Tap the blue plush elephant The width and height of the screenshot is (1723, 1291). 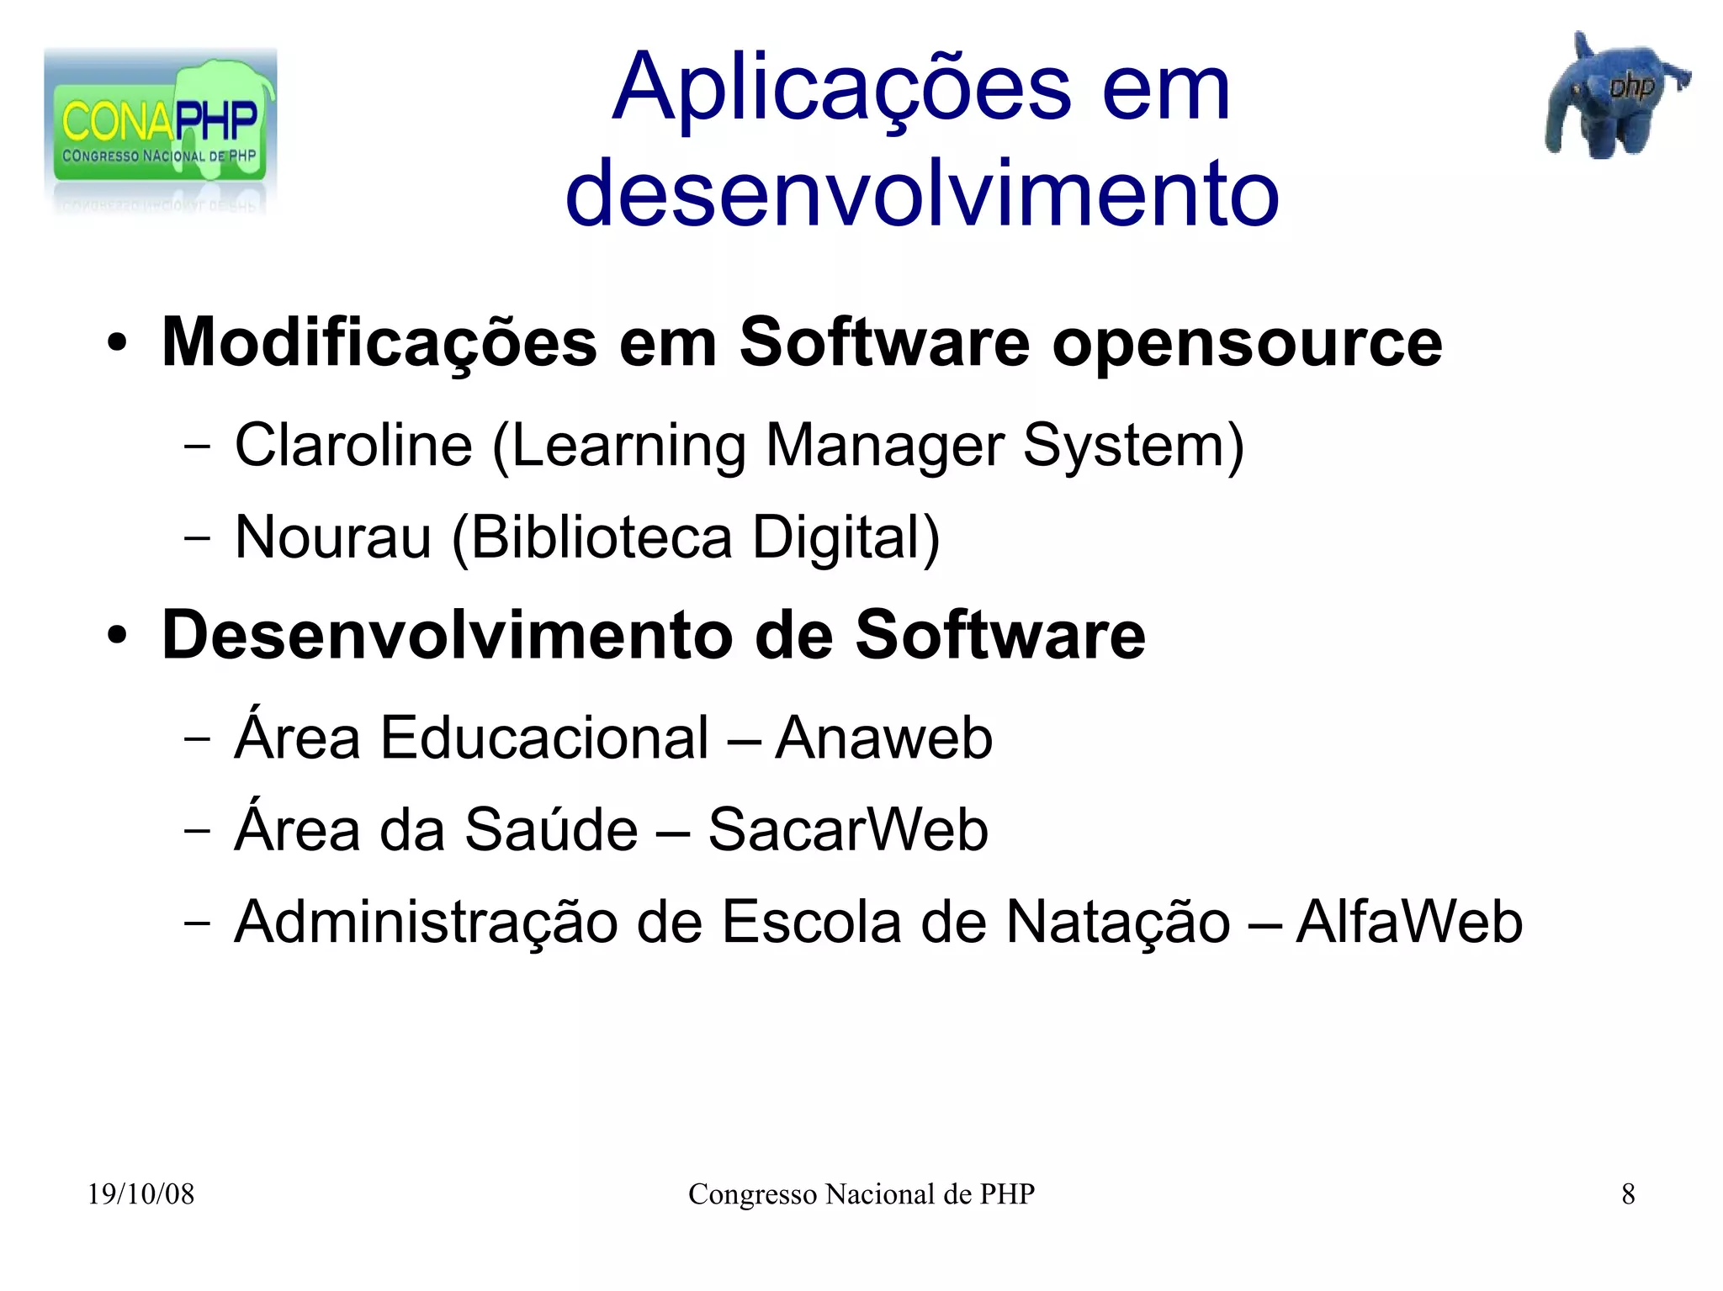pos(1610,98)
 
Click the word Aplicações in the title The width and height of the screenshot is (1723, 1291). pos(841,89)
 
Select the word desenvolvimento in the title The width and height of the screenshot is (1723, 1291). pos(922,194)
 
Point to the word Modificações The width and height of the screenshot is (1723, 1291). pos(379,343)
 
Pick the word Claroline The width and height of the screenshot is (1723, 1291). pos(353,445)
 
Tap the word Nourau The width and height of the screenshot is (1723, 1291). pos(333,537)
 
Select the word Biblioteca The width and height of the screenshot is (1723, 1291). pos(602,537)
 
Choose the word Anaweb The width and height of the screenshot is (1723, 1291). pos(883,738)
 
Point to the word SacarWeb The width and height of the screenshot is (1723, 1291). pos(848,830)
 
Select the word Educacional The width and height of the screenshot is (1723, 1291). pos(544,738)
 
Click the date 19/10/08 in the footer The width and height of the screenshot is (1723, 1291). pos(140,1194)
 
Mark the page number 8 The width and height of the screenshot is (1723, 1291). pos(1628,1194)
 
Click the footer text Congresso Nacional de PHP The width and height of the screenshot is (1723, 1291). pos(861,1194)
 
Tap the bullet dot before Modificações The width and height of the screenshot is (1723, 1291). pos(117,344)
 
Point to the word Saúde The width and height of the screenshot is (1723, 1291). pos(551,830)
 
